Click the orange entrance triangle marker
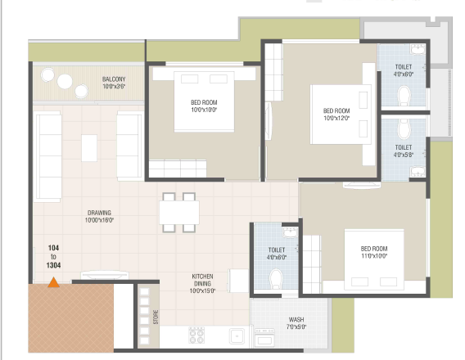[x=54, y=282]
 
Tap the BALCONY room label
[x=114, y=79]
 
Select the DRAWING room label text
[x=99, y=213]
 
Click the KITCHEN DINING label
[x=202, y=280]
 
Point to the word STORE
[x=156, y=317]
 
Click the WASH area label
[x=296, y=319]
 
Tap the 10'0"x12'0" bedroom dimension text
[x=336, y=118]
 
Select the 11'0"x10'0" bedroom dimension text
[x=374, y=256]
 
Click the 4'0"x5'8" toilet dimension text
[x=404, y=155]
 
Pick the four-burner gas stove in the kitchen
[x=196, y=335]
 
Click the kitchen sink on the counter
[x=237, y=336]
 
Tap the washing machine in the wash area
[x=264, y=337]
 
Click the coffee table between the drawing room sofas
[x=89, y=148]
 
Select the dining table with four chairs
[x=179, y=213]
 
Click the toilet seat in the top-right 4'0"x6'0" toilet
[x=404, y=96]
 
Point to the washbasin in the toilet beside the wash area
[x=290, y=233]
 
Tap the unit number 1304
[x=54, y=265]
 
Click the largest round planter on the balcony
[x=65, y=81]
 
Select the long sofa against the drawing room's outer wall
[x=48, y=156]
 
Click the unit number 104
[x=54, y=248]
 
